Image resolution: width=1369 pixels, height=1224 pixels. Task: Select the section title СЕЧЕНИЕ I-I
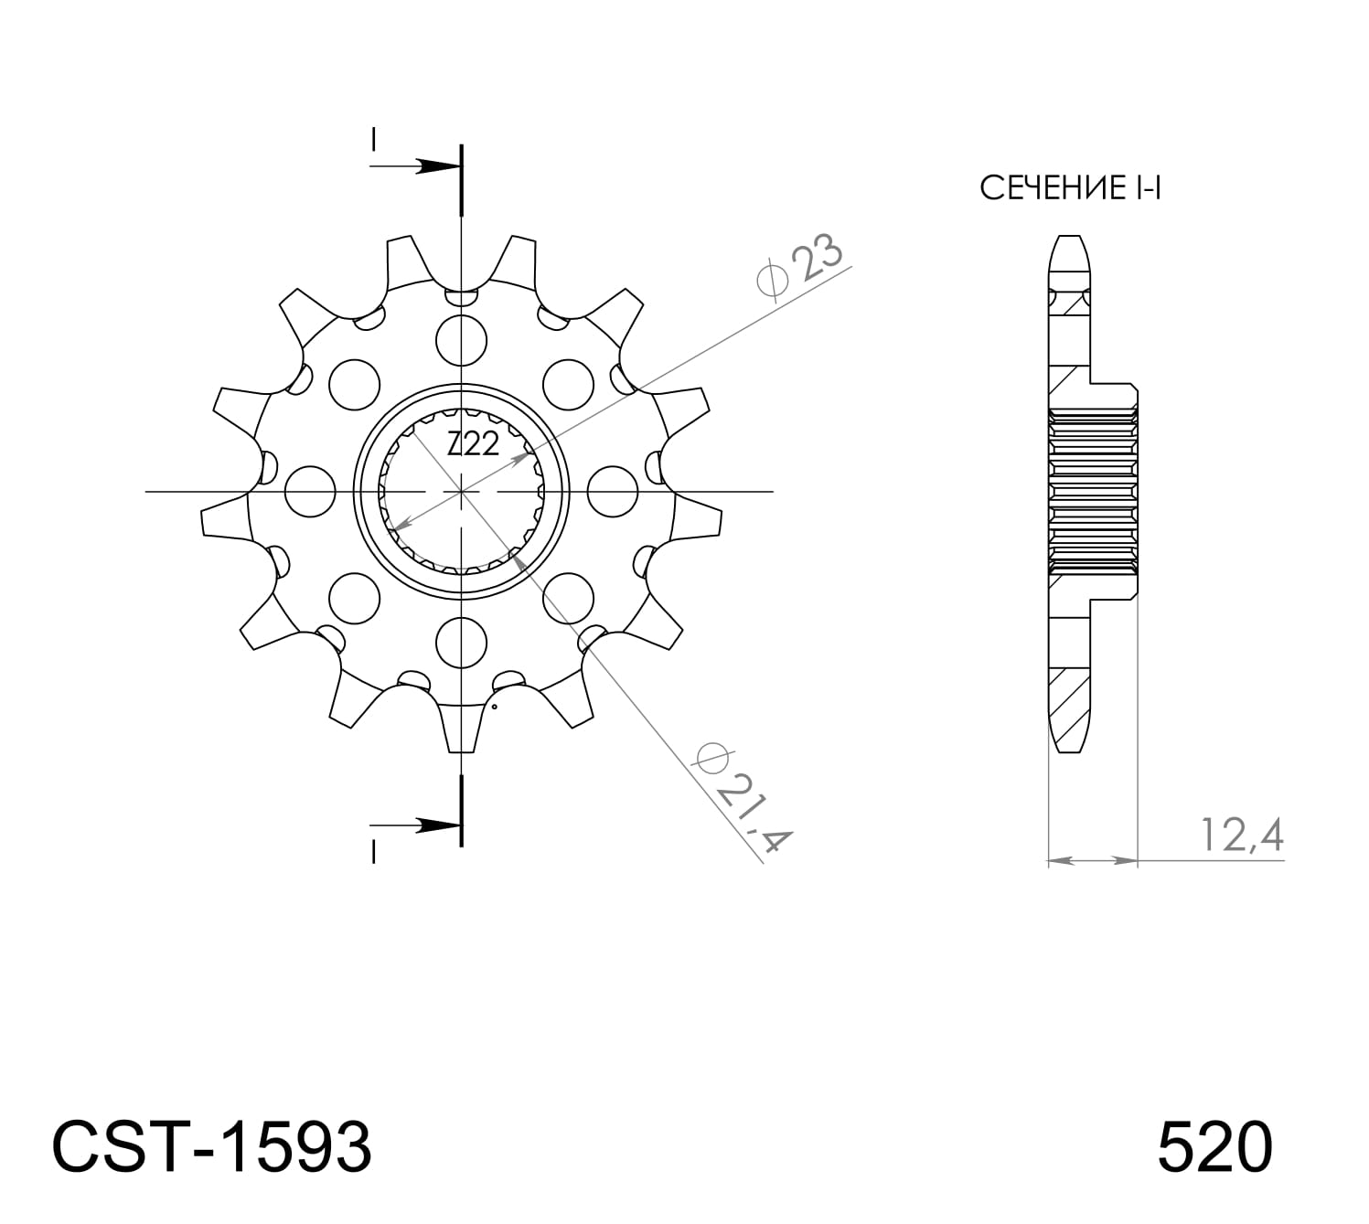coord(1069,188)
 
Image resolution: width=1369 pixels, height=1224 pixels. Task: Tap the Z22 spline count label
coord(473,445)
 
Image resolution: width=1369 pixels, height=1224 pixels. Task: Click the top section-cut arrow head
coord(437,166)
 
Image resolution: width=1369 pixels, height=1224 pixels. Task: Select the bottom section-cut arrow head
coord(437,825)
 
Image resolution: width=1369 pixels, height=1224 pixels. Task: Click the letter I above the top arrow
coord(373,139)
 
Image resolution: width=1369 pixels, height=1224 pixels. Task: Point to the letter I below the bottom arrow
coord(373,852)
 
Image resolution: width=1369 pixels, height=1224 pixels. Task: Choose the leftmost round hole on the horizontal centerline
coord(309,491)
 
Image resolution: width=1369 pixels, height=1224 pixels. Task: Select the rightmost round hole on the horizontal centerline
coord(613,491)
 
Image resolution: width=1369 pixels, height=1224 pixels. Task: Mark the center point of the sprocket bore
coord(462,492)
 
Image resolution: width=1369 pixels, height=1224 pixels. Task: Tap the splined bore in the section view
coord(1093,492)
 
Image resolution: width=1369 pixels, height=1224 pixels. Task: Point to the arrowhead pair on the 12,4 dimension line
coord(1092,860)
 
